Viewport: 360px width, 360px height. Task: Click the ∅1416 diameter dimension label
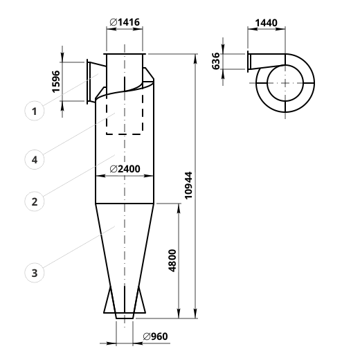[x=125, y=22]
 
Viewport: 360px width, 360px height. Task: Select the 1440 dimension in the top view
[x=266, y=23]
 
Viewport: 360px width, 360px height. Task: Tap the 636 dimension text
[x=216, y=61]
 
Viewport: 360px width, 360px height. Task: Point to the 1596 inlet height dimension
[x=56, y=82]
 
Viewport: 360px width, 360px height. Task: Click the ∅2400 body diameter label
[x=125, y=169]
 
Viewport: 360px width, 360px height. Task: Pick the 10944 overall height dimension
[x=188, y=186]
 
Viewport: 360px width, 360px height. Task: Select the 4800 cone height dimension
[x=172, y=261]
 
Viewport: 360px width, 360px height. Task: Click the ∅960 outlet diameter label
[x=155, y=336]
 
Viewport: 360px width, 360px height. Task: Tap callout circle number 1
[x=35, y=111]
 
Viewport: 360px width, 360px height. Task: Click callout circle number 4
[x=35, y=159]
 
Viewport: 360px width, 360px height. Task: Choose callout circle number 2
[x=35, y=201]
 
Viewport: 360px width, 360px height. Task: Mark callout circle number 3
[x=35, y=273]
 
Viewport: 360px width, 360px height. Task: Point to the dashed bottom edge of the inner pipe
[x=125, y=134]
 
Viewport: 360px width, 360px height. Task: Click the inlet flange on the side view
[x=87, y=82]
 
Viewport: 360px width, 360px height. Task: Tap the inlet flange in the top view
[x=248, y=62]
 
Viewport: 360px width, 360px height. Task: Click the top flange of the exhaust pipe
[x=125, y=54]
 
